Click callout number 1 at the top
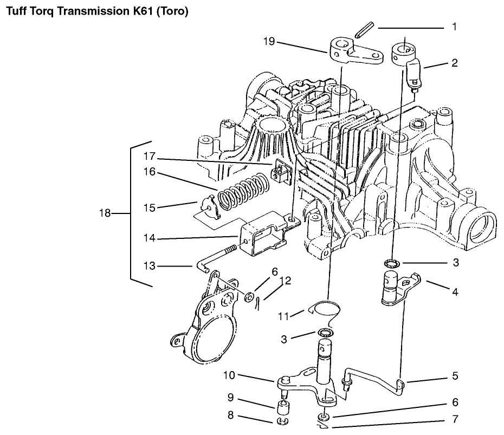[x=454, y=26]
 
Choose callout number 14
[x=149, y=238]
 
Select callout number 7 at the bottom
[x=454, y=419]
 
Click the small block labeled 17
[x=282, y=170]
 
